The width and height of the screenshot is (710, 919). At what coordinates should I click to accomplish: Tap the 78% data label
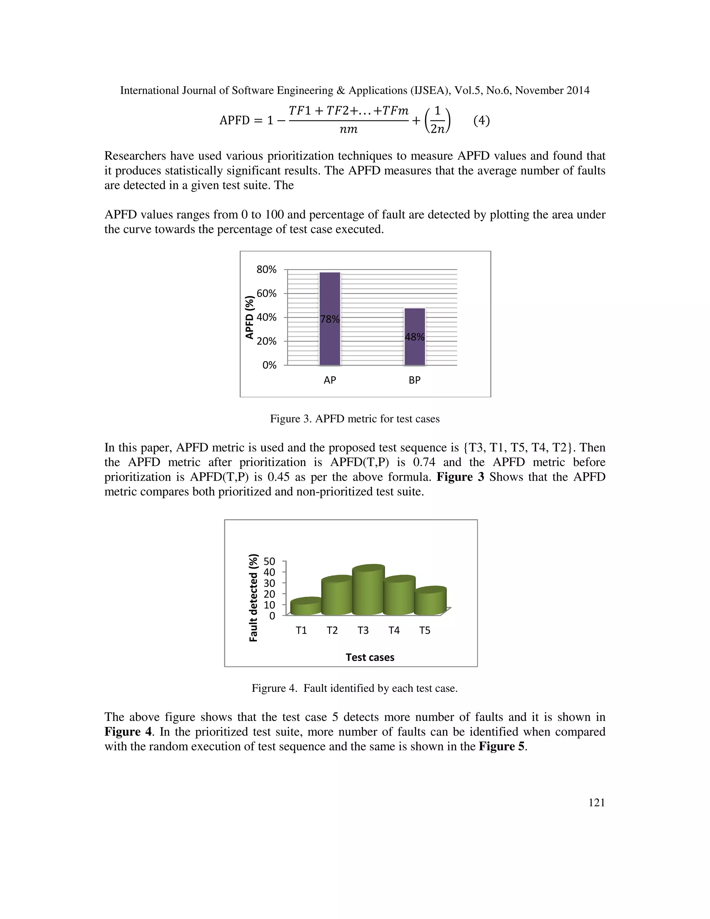click(330, 319)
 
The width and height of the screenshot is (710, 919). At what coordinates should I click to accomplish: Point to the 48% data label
click(415, 337)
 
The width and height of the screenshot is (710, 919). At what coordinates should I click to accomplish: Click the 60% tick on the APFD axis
click(267, 293)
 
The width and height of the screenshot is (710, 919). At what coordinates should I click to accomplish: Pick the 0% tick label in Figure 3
click(269, 365)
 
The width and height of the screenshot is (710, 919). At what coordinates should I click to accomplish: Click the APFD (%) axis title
click(250, 317)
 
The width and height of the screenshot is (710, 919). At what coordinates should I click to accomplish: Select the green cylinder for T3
click(369, 591)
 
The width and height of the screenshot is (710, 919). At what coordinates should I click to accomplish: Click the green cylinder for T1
click(306, 607)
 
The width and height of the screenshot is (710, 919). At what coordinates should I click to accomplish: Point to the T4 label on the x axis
click(394, 630)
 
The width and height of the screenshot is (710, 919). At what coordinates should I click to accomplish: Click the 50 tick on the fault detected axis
click(269, 561)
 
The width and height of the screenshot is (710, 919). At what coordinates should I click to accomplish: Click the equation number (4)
click(482, 121)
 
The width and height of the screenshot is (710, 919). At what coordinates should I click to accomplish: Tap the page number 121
click(596, 803)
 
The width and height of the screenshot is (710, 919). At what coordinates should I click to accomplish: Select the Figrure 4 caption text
click(355, 688)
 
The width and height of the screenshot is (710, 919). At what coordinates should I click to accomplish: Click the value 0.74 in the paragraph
click(424, 462)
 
